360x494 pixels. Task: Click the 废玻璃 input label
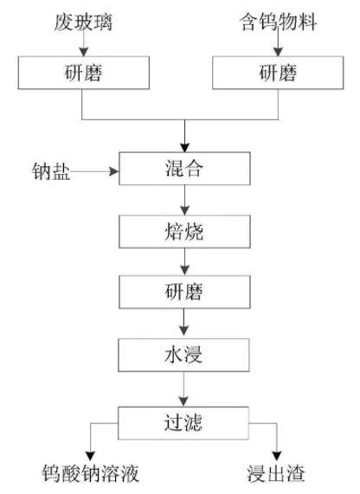click(x=83, y=22)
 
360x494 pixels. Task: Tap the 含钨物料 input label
click(x=278, y=22)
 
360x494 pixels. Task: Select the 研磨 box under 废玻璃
click(x=84, y=73)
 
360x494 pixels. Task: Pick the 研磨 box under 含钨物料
click(x=278, y=73)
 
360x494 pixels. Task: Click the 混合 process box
click(x=184, y=169)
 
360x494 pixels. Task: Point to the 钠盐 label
click(x=51, y=171)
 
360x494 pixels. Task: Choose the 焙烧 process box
click(x=184, y=232)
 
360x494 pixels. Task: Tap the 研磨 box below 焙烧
click(x=184, y=292)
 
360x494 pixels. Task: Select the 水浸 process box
click(x=183, y=355)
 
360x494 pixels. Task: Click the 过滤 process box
click(x=183, y=423)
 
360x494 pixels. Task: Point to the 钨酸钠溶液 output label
click(x=91, y=473)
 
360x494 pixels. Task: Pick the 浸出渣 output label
click(x=276, y=473)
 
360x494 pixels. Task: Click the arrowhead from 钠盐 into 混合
click(x=114, y=171)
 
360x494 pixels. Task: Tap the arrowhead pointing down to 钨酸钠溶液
click(x=91, y=456)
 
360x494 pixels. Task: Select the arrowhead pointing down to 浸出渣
click(x=277, y=456)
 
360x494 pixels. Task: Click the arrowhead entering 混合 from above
click(x=184, y=147)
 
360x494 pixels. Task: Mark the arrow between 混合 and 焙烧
click(x=184, y=200)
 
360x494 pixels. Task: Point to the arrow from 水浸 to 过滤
click(x=183, y=389)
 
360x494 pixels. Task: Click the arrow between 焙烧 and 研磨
click(x=184, y=262)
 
